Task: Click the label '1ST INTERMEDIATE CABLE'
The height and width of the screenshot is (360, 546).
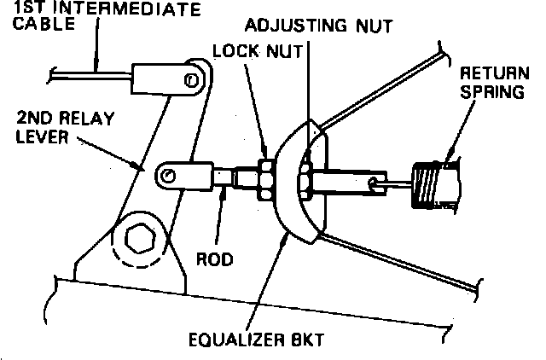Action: pyautogui.click(x=102, y=17)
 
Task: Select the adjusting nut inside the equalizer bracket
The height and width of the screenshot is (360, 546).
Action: pyautogui.click(x=305, y=180)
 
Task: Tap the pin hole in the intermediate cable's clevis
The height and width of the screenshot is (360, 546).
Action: pyautogui.click(x=190, y=79)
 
